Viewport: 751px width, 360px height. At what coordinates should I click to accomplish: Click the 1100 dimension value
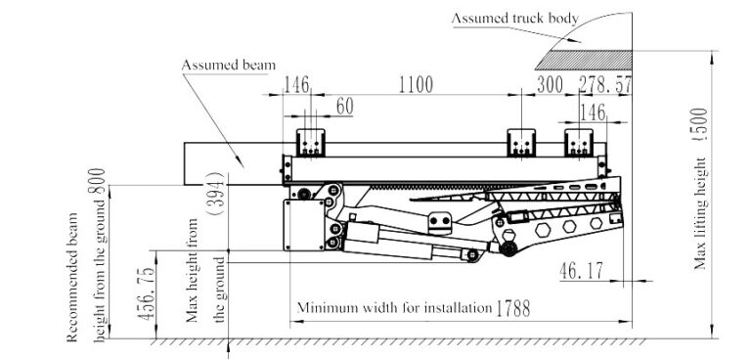click(x=416, y=85)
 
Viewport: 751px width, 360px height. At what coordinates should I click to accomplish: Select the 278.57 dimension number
click(x=600, y=85)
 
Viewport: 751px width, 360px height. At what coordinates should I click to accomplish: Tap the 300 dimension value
click(x=550, y=85)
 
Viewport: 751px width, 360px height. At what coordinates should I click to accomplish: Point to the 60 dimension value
click(x=344, y=106)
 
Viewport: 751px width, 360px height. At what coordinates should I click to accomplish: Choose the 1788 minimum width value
click(x=511, y=308)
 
